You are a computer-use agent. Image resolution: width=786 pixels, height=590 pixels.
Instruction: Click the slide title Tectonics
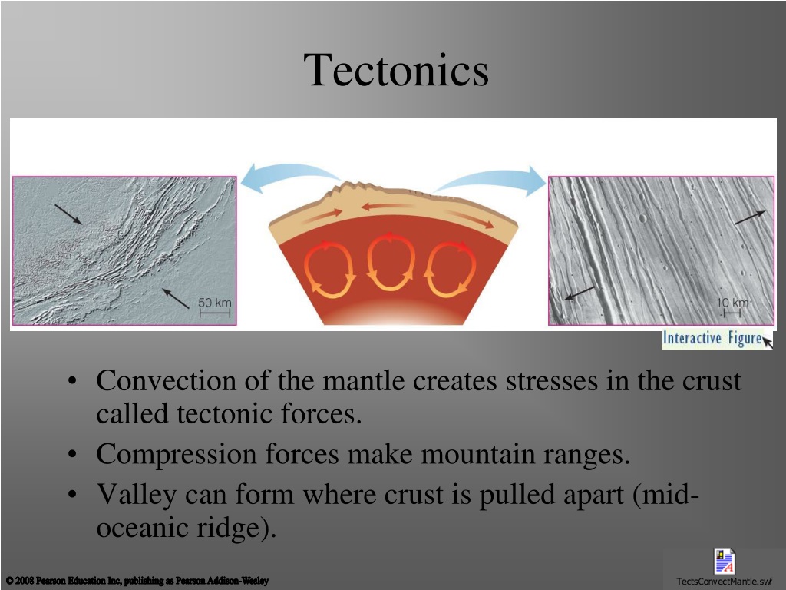coord(396,70)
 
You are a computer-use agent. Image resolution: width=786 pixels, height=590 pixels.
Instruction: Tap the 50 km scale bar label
coord(215,303)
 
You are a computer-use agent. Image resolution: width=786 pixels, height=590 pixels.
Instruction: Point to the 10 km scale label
coord(732,303)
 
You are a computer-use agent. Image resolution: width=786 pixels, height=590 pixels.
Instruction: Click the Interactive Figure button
coord(717,339)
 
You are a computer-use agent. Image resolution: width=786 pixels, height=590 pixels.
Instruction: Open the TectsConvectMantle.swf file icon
coord(725,562)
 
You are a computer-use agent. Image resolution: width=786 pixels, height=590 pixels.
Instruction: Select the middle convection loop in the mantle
coord(391,263)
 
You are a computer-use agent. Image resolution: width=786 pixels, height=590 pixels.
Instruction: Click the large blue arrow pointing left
coord(291,177)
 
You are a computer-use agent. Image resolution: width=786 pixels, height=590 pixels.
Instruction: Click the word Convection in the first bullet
coord(166,380)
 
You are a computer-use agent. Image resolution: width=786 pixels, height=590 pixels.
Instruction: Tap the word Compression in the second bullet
coord(177,455)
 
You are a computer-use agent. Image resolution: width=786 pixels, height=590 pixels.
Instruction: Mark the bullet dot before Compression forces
coord(73,455)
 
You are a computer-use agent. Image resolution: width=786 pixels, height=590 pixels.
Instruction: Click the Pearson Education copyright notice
coord(137,581)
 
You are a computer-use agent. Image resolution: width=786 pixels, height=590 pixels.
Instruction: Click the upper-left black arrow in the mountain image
coord(68,214)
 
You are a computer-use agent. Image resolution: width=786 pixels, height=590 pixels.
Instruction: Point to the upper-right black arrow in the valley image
coord(750,217)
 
